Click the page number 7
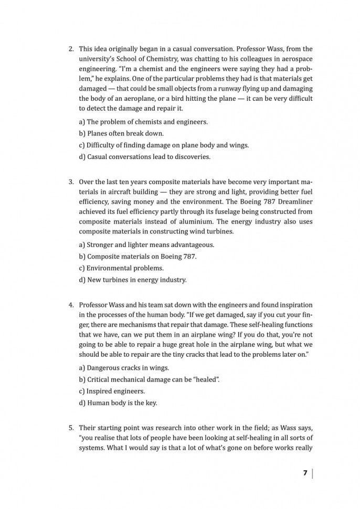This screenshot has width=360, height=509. pyautogui.click(x=305, y=473)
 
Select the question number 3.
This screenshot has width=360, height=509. pyautogui.click(x=71, y=182)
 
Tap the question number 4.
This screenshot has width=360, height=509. pyautogui.click(x=71, y=304)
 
